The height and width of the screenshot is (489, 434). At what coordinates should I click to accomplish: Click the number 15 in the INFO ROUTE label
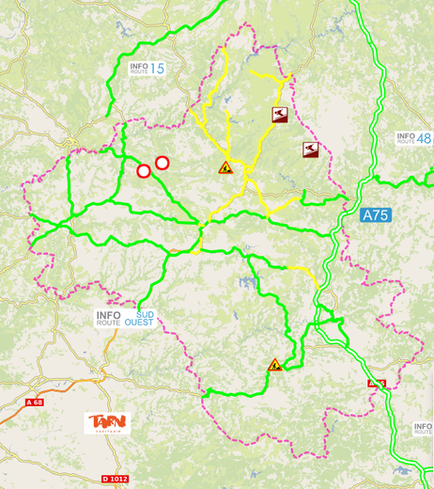(156, 68)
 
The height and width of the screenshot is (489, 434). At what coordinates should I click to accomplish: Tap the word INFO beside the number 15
(139, 65)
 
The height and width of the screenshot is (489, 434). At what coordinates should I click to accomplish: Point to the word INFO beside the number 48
(406, 136)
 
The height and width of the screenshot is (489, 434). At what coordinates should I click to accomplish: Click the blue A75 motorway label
(375, 215)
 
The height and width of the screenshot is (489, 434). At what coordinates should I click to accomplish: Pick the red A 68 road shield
(35, 402)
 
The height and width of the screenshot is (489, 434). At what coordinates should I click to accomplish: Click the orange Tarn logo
(109, 423)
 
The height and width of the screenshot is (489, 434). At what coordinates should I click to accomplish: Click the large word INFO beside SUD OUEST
(110, 315)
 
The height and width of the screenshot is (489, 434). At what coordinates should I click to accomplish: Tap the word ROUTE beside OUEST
(108, 323)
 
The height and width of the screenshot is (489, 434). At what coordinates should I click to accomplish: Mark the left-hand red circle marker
(144, 171)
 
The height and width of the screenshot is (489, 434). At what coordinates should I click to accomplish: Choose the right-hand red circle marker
(162, 163)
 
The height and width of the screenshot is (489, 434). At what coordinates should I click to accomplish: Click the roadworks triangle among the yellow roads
(225, 167)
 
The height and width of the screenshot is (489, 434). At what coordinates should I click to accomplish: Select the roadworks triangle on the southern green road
(275, 365)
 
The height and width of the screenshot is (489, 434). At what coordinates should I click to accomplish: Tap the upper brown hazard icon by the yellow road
(280, 115)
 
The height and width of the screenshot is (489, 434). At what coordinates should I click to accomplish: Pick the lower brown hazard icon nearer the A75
(310, 149)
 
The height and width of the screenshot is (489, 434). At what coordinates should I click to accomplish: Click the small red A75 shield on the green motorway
(376, 384)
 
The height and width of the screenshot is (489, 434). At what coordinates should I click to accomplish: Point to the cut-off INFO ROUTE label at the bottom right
(423, 430)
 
